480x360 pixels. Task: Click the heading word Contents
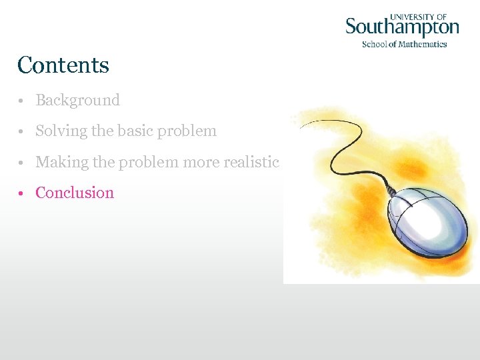(63, 65)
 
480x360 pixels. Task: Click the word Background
(77, 101)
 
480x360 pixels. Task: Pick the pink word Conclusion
(75, 193)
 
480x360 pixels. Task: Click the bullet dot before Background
(22, 101)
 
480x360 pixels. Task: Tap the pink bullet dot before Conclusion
(22, 193)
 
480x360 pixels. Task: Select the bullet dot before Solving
(22, 132)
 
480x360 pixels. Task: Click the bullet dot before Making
(22, 163)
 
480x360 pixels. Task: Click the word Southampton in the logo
(402, 29)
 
